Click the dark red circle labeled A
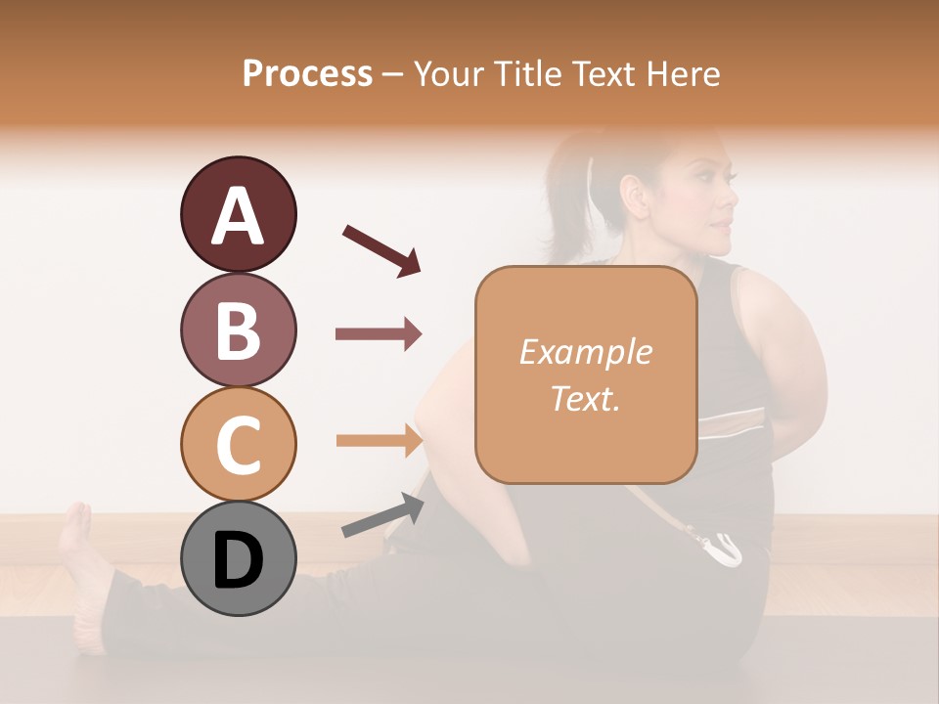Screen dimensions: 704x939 click(238, 214)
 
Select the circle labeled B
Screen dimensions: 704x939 click(238, 330)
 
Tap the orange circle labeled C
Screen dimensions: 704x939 click(238, 444)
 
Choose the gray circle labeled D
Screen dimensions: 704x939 click(238, 558)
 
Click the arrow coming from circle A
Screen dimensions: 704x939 click(381, 249)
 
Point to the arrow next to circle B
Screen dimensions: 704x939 click(379, 334)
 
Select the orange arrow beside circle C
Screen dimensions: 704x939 click(379, 440)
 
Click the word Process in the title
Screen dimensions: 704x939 click(307, 73)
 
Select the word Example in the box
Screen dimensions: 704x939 click(585, 352)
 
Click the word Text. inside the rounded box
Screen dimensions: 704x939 click(585, 398)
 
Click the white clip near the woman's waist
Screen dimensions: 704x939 click(725, 549)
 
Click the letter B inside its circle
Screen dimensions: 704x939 click(238, 330)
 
